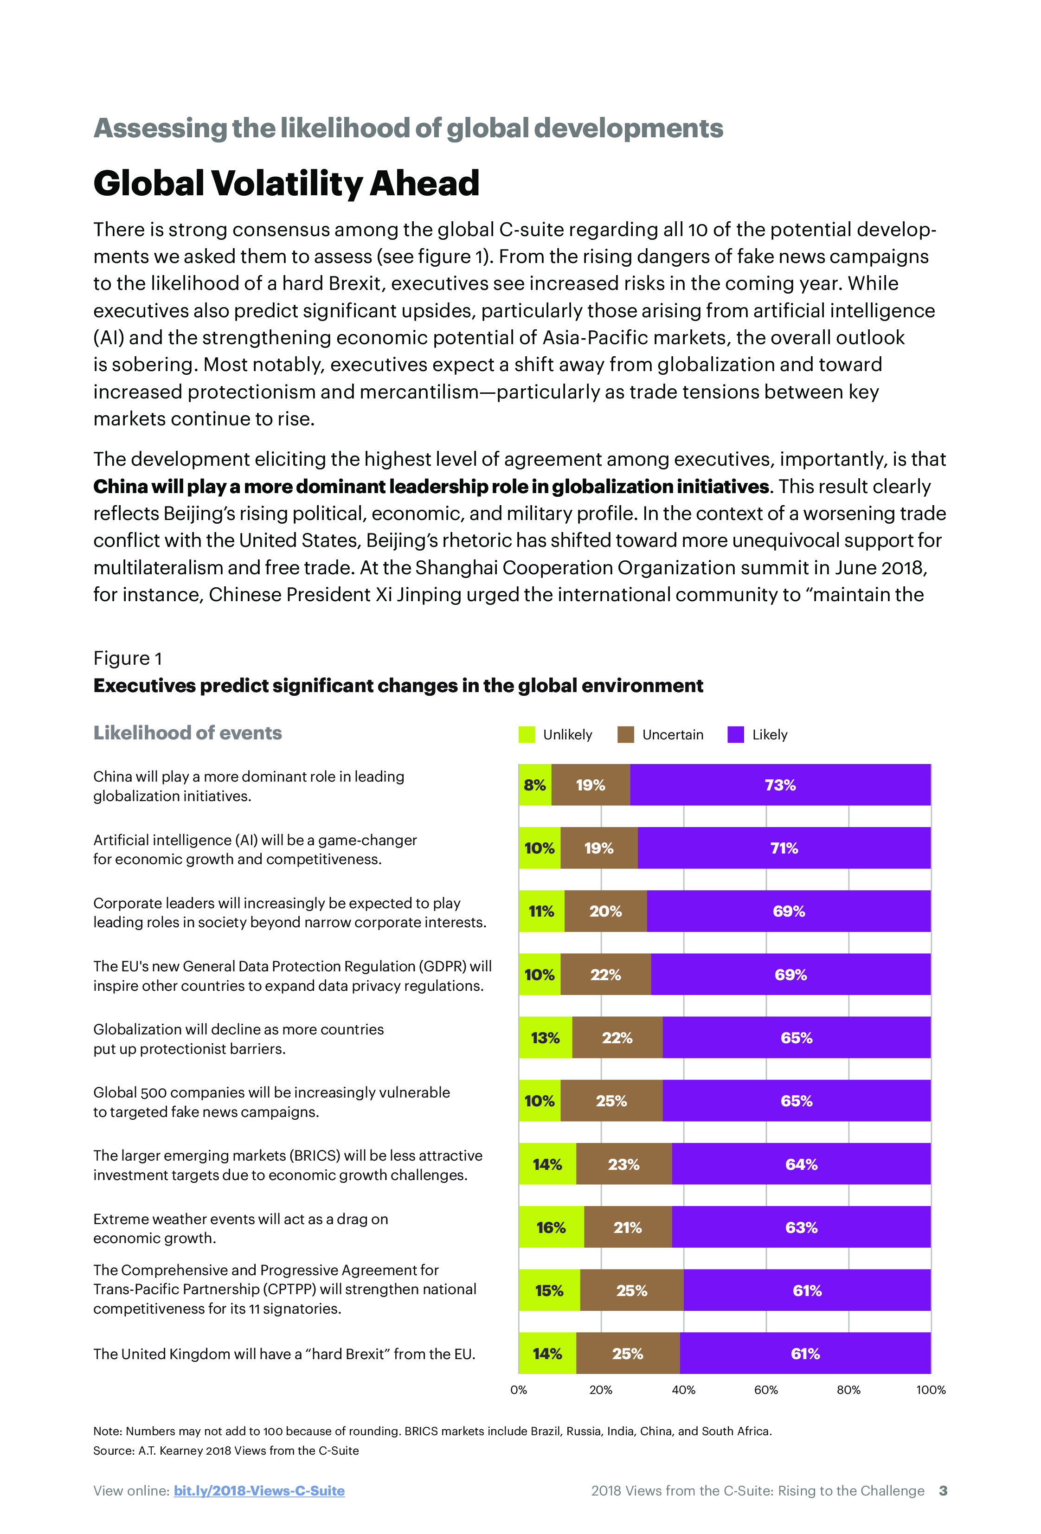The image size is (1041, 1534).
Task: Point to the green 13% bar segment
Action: (545, 1038)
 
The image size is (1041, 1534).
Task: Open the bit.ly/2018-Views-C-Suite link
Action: (259, 1490)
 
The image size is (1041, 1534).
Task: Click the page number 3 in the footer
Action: (943, 1490)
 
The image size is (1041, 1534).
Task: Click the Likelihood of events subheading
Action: (187, 733)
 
